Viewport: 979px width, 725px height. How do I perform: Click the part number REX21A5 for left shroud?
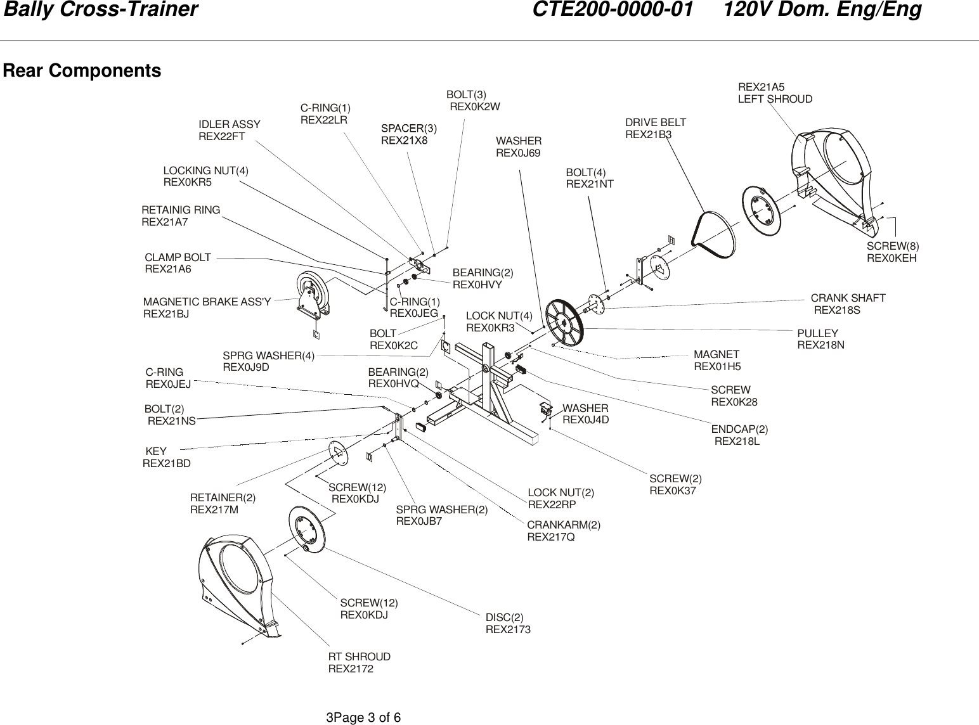761,87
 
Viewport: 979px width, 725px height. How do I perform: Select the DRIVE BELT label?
655,122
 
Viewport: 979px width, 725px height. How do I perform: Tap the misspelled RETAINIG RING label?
181,210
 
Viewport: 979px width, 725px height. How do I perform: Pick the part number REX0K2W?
474,107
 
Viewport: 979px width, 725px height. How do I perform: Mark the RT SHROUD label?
359,657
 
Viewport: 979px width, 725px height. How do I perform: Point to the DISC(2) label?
505,617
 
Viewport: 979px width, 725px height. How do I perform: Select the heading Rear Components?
82,70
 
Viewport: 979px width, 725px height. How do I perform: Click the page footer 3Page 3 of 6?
363,717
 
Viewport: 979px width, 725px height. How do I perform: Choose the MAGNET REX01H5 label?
716,360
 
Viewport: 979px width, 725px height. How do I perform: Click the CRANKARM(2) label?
563,525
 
